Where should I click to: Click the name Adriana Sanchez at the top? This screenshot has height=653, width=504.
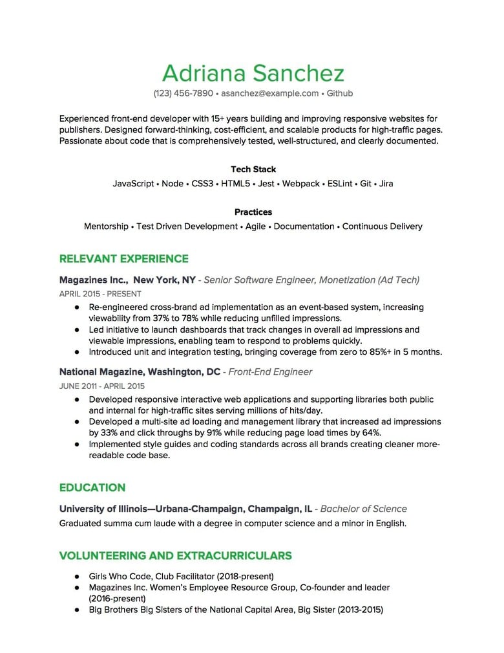tap(253, 73)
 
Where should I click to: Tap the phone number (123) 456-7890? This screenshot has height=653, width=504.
tap(183, 93)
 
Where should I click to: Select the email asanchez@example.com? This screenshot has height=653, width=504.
tap(269, 93)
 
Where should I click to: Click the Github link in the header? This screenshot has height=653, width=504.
tap(340, 93)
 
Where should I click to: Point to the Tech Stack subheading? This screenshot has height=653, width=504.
tap(253, 170)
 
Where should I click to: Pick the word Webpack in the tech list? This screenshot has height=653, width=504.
tap(300, 184)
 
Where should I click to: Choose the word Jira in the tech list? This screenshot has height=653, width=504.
tap(386, 184)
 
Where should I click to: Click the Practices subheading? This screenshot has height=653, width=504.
tap(253, 212)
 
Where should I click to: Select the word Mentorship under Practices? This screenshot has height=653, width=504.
tap(106, 227)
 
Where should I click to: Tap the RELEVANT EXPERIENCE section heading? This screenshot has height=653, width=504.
tap(123, 259)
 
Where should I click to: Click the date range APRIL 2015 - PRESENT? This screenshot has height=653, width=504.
tap(100, 294)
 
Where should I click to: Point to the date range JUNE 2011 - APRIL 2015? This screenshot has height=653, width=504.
tap(101, 386)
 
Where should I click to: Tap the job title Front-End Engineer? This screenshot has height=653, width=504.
tap(270, 372)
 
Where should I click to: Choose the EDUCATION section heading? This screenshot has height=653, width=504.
tap(92, 487)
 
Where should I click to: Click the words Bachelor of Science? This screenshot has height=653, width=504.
tap(364, 509)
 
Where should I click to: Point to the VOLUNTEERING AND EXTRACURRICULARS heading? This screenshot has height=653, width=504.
tap(175, 555)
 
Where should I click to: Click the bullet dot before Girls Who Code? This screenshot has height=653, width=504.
tap(76, 576)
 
